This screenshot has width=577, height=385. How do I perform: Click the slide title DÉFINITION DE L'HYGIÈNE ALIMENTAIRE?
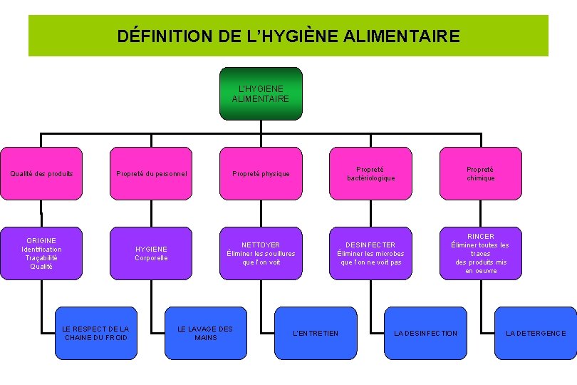click(x=288, y=36)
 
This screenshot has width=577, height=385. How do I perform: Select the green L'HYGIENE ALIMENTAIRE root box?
click(x=260, y=93)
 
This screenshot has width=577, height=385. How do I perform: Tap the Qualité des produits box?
click(x=41, y=173)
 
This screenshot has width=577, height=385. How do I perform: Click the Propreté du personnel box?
click(x=151, y=173)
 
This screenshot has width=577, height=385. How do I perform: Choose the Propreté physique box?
click(x=261, y=173)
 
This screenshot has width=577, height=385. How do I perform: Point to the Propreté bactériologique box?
click(x=370, y=173)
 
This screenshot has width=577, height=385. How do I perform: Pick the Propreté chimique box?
click(x=480, y=173)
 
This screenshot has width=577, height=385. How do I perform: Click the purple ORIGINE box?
click(x=41, y=253)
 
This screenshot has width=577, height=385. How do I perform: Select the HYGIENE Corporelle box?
click(x=151, y=253)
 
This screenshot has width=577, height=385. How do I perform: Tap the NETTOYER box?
click(x=261, y=253)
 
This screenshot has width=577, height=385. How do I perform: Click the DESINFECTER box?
click(x=370, y=253)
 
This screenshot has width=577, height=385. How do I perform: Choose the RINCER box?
click(x=480, y=253)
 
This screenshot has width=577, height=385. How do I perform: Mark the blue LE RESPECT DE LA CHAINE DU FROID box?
click(x=95, y=333)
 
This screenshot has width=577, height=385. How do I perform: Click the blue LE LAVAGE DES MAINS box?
click(x=205, y=333)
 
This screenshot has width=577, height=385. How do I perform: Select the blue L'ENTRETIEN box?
click(x=316, y=333)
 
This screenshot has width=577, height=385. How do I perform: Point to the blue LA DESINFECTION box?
click(x=425, y=333)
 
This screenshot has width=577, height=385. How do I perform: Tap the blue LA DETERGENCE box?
click(x=536, y=333)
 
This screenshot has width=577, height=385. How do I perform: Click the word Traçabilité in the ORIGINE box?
click(x=41, y=258)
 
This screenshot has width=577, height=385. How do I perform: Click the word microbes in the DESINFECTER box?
click(x=388, y=254)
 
